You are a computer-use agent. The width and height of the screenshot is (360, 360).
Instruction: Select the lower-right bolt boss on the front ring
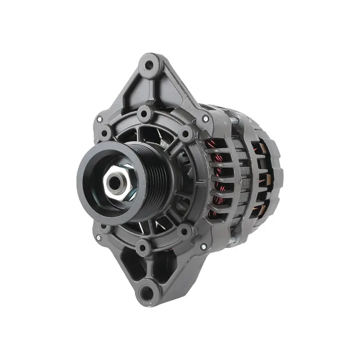click(184, 231)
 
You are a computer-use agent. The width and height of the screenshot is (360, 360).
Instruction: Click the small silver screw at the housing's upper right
click(205, 119)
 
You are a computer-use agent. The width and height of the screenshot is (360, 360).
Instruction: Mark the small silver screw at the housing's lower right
click(204, 247)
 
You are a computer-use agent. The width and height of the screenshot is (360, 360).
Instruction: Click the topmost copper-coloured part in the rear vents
click(260, 146)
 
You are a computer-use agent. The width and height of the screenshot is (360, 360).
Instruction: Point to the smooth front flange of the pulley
click(90, 180)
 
